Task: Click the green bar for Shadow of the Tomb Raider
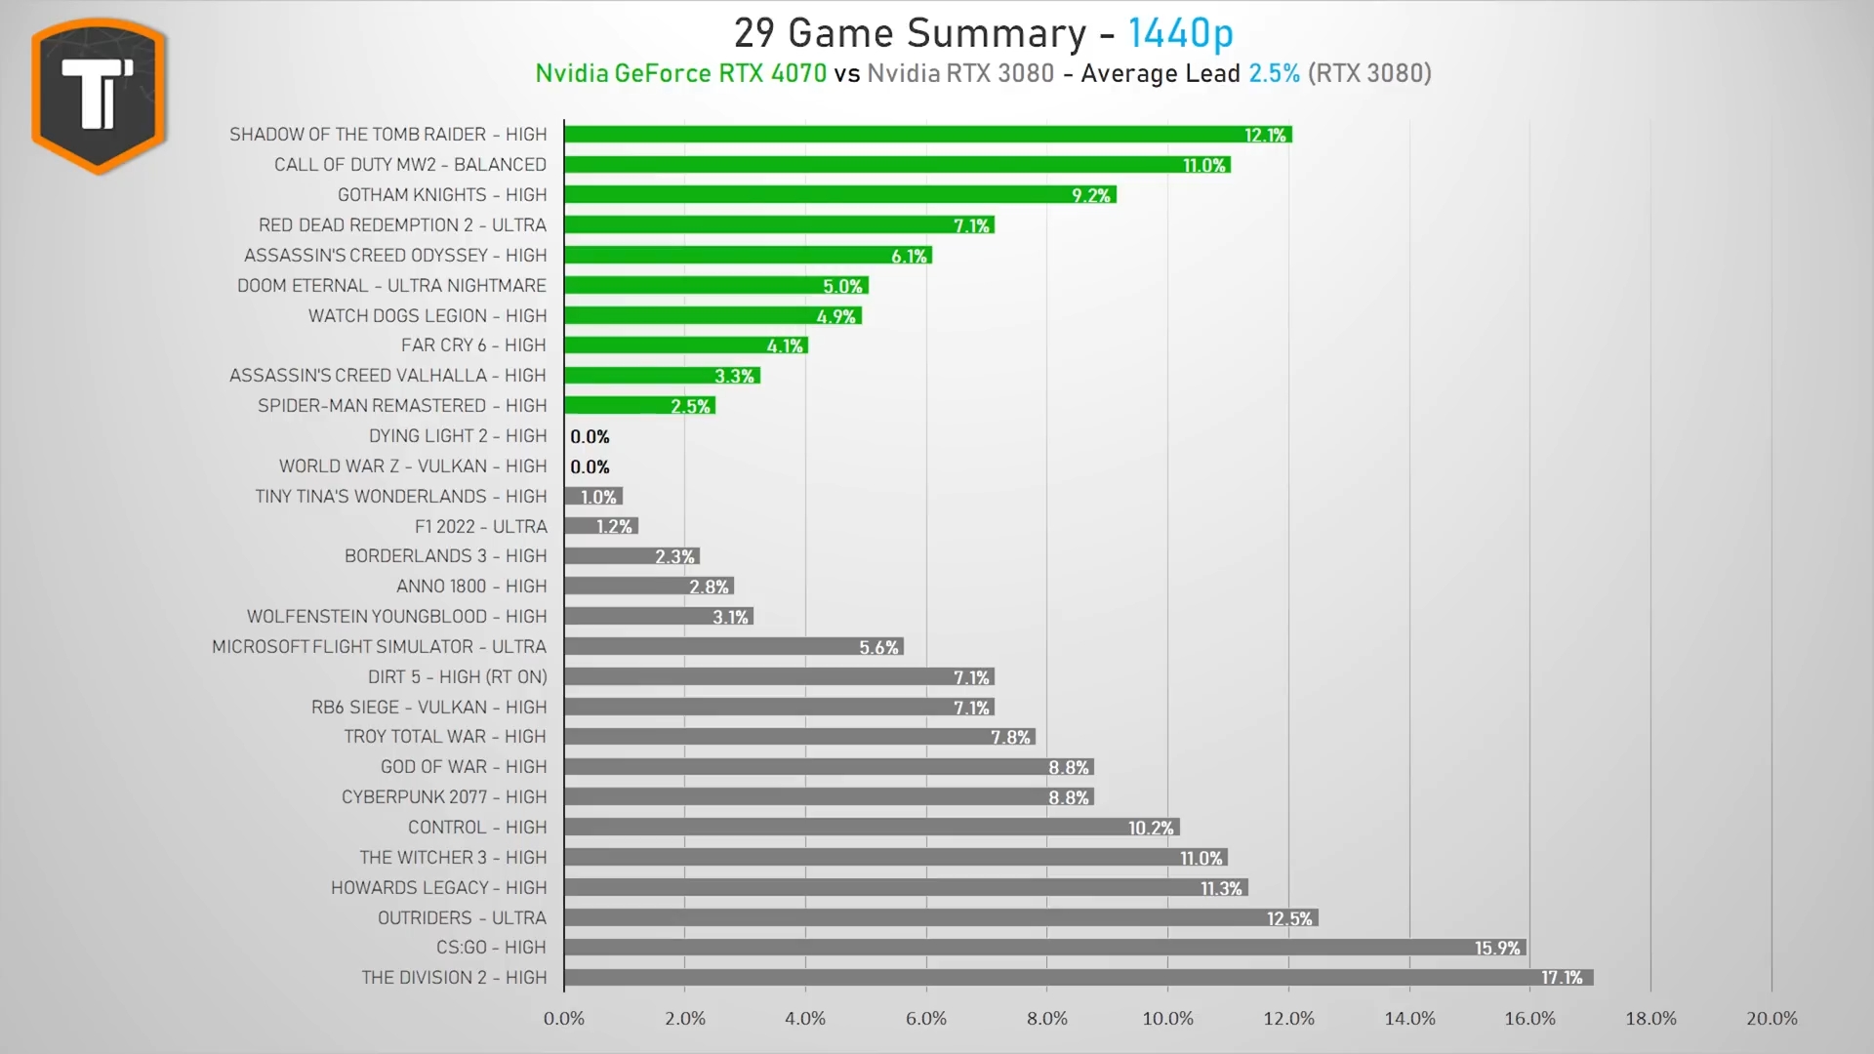pos(927,135)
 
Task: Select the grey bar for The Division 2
pos(1079,977)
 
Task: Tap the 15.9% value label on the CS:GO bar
pos(1497,948)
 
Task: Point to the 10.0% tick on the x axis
pos(1167,1019)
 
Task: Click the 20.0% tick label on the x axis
pos(1772,1019)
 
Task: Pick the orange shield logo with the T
pos(99,95)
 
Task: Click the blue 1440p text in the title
pos(1180,33)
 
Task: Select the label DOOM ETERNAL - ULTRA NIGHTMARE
pos(391,286)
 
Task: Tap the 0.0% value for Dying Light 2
pos(590,436)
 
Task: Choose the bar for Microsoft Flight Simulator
pos(734,646)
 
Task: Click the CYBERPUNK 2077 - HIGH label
pos(444,797)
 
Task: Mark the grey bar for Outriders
pos(941,917)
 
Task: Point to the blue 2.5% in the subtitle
pos(1274,73)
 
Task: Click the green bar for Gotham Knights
pos(839,195)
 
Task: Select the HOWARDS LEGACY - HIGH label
pos(438,888)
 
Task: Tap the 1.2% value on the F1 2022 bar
pos(614,527)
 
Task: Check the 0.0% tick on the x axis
pos(564,1019)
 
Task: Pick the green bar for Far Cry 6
pos(685,345)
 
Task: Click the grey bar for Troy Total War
pos(799,737)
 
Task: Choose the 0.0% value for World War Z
pos(590,466)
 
